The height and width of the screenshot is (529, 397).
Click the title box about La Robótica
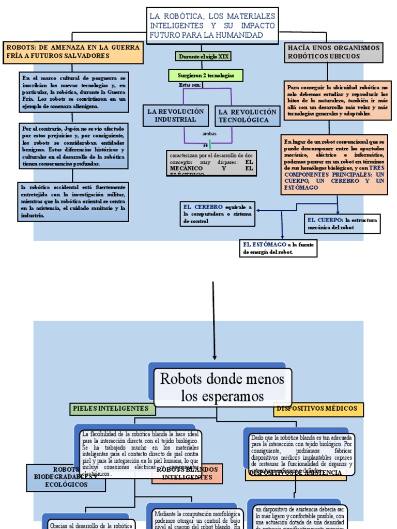pyautogui.click(x=212, y=24)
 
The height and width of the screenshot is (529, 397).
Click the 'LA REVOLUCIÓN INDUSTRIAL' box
pyautogui.click(x=176, y=115)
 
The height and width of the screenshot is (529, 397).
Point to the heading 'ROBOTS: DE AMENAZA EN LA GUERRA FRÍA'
pyautogui.click(x=73, y=52)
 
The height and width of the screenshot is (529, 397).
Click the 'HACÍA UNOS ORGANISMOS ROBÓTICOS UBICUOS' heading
pyautogui.click(x=333, y=52)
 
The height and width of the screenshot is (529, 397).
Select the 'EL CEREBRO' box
pyautogui.click(x=218, y=214)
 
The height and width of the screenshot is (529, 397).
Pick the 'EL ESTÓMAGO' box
pyautogui.click(x=279, y=248)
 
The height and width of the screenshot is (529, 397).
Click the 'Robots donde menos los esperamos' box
pyautogui.click(x=222, y=387)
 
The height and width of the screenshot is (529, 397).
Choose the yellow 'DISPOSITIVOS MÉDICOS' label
pyautogui.click(x=317, y=409)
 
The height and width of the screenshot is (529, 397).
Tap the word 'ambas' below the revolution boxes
pyautogui.click(x=210, y=134)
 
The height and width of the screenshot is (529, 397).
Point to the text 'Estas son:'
pyautogui.click(x=189, y=85)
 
